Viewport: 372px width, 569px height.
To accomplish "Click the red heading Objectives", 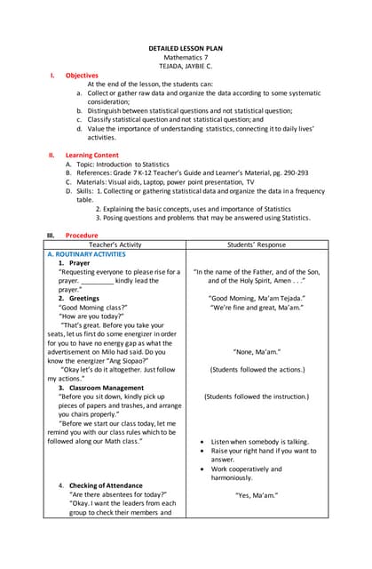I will (x=82, y=76).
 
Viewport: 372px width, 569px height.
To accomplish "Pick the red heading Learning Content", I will (x=91, y=155).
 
